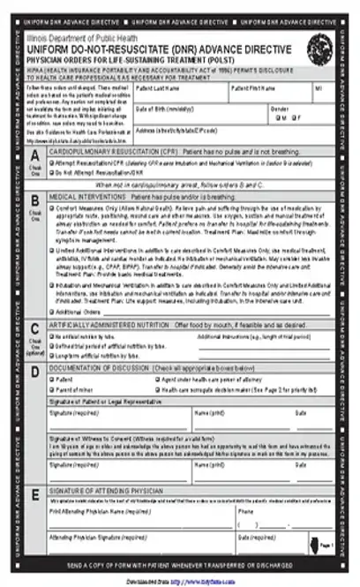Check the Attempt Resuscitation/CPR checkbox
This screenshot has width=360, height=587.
52,164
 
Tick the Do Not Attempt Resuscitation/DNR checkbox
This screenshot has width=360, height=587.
52,174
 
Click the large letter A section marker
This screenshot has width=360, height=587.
34,155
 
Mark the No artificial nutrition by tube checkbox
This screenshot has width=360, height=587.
52,337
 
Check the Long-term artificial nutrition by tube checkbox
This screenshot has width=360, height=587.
52,355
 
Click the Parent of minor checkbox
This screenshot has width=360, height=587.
52,388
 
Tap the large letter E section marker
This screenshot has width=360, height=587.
34,493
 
